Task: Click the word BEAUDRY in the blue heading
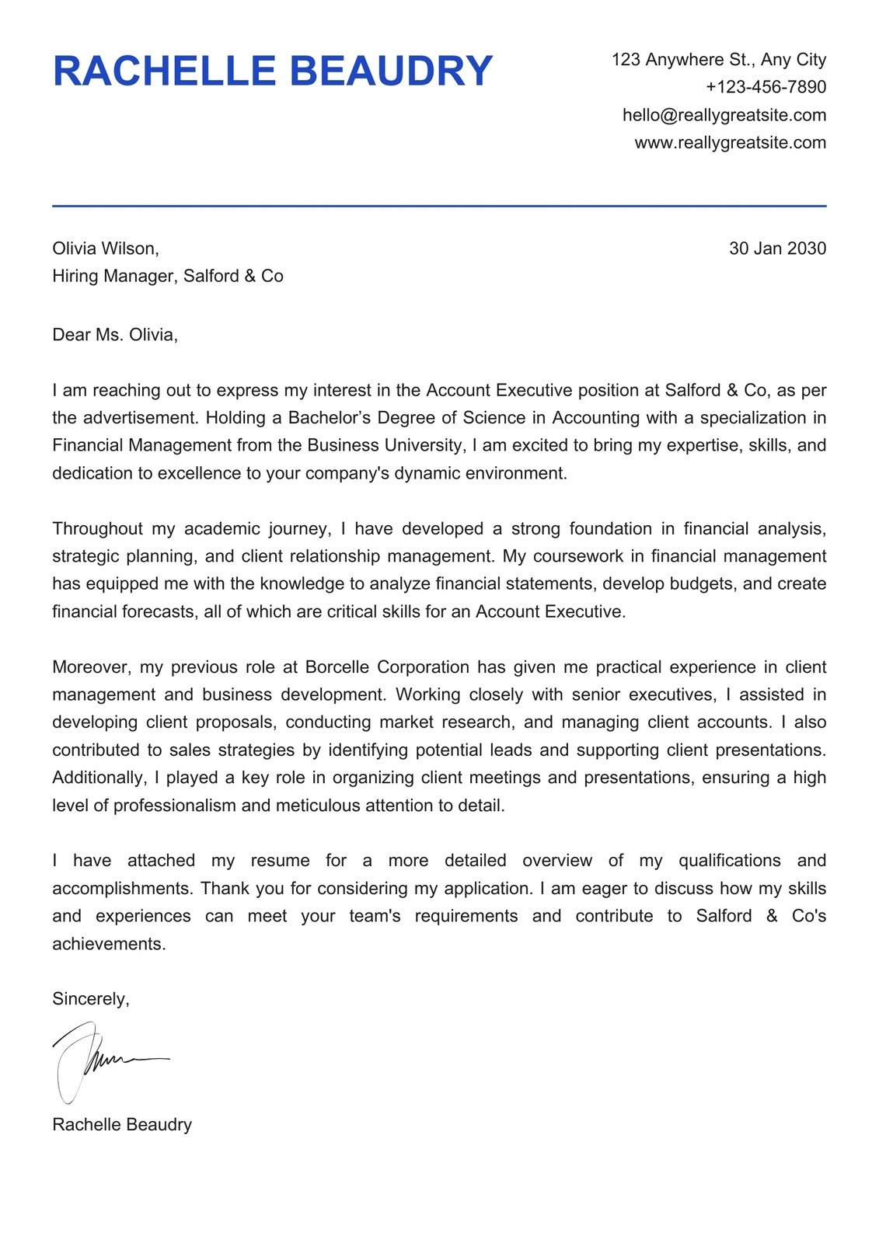point(395,71)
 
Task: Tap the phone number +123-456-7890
point(766,87)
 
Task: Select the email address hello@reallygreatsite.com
point(724,115)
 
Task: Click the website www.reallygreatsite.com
point(730,143)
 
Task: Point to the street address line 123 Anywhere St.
point(718,60)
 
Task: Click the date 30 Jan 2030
point(777,249)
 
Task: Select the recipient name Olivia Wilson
point(105,249)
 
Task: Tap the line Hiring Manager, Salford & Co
point(167,277)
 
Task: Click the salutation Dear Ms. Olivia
point(114,336)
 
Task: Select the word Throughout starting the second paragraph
point(98,529)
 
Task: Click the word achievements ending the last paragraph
point(109,945)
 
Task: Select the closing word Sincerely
point(90,1000)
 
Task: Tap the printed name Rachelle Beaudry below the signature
point(121,1125)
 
